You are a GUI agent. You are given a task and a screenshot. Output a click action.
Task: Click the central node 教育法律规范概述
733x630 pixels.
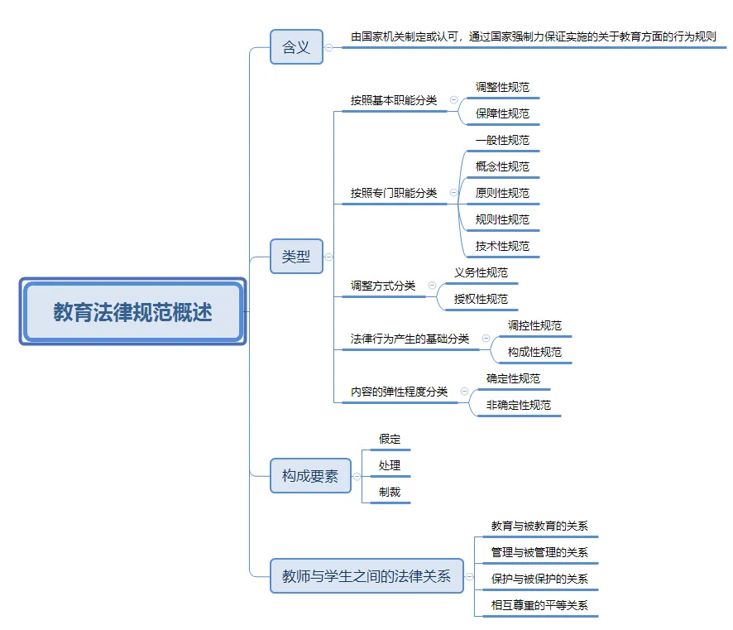coord(132,311)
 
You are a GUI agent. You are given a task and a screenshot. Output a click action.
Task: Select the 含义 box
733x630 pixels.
coord(296,46)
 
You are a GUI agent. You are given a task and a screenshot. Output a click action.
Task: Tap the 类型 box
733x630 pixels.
coord(296,257)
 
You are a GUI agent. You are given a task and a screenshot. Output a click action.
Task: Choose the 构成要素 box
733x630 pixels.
coord(310,476)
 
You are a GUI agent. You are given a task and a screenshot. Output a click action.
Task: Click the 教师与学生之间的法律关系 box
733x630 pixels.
coord(366,575)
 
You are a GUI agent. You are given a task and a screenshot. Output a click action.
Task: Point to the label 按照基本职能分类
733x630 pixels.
coord(394,100)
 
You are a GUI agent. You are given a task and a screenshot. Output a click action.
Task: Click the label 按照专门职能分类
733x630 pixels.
coord(394,193)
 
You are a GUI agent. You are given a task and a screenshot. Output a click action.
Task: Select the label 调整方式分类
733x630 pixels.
coord(383,286)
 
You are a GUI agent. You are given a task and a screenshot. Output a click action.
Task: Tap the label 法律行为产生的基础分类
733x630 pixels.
coord(410,339)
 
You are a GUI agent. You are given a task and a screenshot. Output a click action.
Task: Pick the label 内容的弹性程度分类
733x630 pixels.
coord(399,392)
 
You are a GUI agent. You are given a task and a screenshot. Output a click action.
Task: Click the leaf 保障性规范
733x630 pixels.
coord(502,113)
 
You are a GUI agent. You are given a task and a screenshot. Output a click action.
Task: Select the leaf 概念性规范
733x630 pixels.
coord(502,166)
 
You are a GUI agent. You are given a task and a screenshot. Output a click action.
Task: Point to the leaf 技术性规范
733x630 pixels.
coord(502,246)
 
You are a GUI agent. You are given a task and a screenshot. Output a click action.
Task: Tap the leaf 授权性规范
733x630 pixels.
coord(481,299)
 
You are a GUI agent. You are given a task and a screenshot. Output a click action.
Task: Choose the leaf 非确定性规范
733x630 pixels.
coord(519,405)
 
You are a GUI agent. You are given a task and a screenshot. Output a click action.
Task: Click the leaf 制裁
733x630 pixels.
coord(390,492)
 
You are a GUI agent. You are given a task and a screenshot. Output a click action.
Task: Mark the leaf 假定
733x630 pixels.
coord(390,439)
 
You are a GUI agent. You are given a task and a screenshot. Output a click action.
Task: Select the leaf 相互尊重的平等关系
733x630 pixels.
coord(539,605)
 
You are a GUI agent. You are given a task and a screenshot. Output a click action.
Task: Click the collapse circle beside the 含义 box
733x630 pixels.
coord(329,47)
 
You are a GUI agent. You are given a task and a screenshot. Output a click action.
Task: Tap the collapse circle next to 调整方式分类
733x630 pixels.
coord(433,286)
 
